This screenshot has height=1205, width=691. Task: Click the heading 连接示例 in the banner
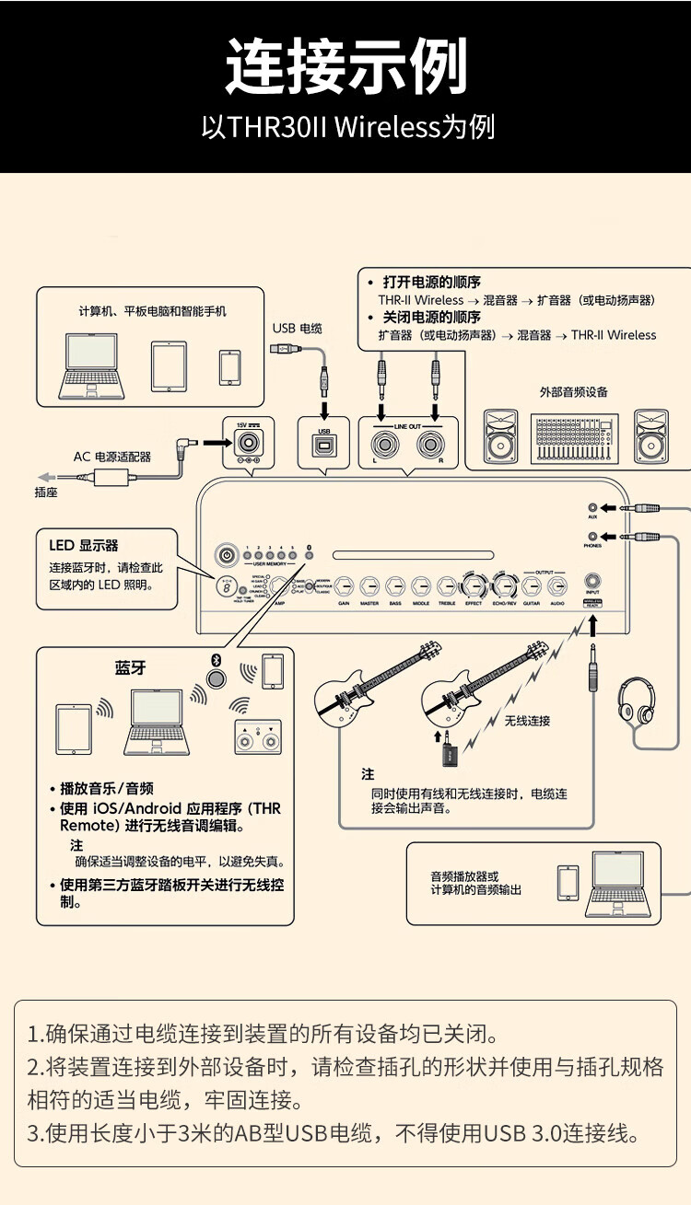[x=345, y=66]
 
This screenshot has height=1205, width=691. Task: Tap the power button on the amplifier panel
[x=226, y=555]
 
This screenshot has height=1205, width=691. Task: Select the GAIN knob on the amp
[x=345, y=585]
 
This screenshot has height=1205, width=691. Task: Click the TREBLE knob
[x=447, y=585]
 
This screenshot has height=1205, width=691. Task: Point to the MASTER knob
[x=370, y=585]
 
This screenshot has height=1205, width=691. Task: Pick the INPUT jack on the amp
[x=591, y=584]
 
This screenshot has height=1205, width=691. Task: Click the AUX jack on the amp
[x=592, y=507]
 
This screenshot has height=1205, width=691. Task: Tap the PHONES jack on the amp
[x=592, y=537]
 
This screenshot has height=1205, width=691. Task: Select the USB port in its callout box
[x=323, y=446]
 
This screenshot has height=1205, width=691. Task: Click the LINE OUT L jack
[x=381, y=445]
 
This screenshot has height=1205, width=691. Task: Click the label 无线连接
[x=527, y=721]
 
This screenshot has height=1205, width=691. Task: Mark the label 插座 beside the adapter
[x=46, y=493]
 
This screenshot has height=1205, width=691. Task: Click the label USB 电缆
[x=297, y=329]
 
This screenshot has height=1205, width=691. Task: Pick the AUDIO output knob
[x=557, y=585]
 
